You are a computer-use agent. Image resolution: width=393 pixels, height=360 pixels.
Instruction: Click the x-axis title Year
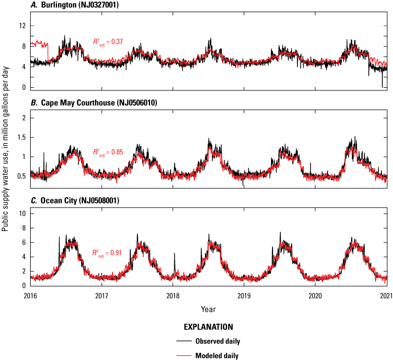[x=208, y=308]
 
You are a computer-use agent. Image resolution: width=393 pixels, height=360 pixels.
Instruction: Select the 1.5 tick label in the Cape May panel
[x=21, y=137]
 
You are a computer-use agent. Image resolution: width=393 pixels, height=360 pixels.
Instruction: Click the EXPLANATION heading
[x=208, y=327]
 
